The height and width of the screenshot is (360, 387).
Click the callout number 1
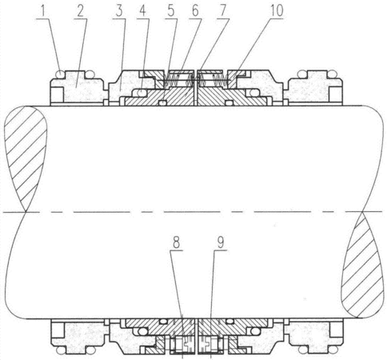click(42, 11)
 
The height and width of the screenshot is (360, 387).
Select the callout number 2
click(81, 11)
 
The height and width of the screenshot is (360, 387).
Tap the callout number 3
click(119, 11)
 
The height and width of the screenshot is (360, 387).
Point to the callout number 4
click(143, 11)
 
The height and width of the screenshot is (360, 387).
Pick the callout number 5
click(170, 11)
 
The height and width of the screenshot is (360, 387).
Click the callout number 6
click(196, 11)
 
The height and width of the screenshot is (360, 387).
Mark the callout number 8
click(176, 243)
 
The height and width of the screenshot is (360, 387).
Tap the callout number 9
click(221, 243)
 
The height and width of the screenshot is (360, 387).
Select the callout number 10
click(277, 11)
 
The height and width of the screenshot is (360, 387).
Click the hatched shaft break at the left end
click(26, 158)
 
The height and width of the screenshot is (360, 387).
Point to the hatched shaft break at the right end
click(362, 266)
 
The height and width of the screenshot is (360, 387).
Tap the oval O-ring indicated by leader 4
click(142, 93)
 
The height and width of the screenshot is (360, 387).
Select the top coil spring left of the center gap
click(172, 80)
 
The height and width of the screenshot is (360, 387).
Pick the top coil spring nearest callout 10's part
click(220, 80)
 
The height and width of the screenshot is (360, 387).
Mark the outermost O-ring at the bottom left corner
click(61, 350)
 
